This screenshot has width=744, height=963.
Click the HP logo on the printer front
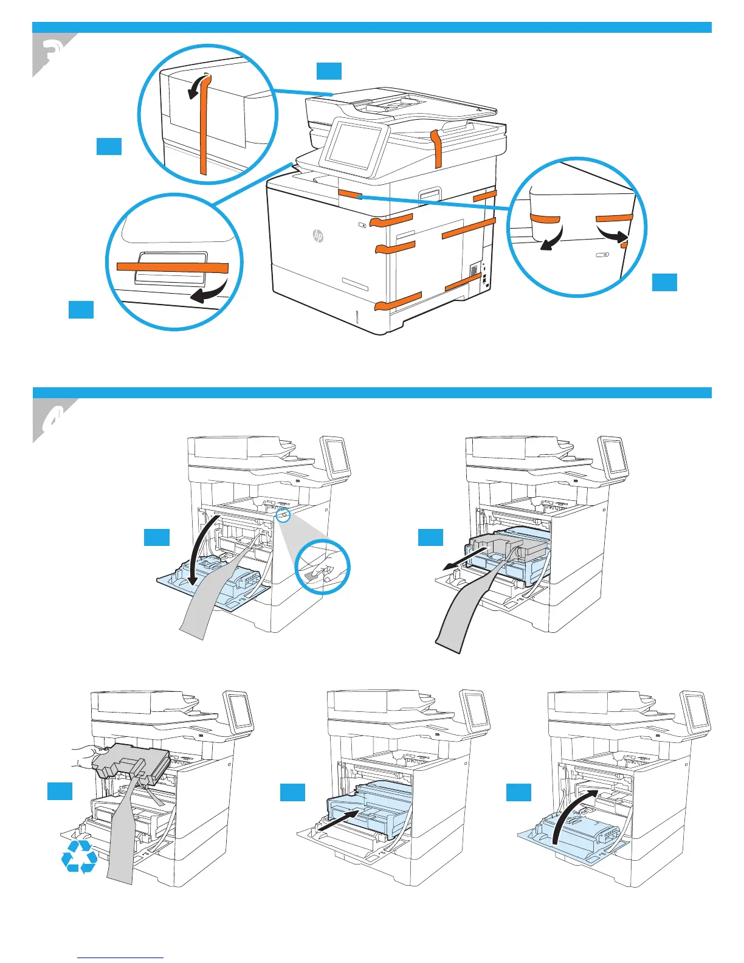pos(318,236)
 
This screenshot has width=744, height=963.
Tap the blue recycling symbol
pos(79,857)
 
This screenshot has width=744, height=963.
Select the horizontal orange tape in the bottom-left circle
pos(172,267)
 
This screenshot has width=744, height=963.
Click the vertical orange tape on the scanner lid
pos(436,148)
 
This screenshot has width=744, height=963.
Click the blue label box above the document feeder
pos(329,71)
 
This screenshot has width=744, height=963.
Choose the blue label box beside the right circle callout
pos(664,282)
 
